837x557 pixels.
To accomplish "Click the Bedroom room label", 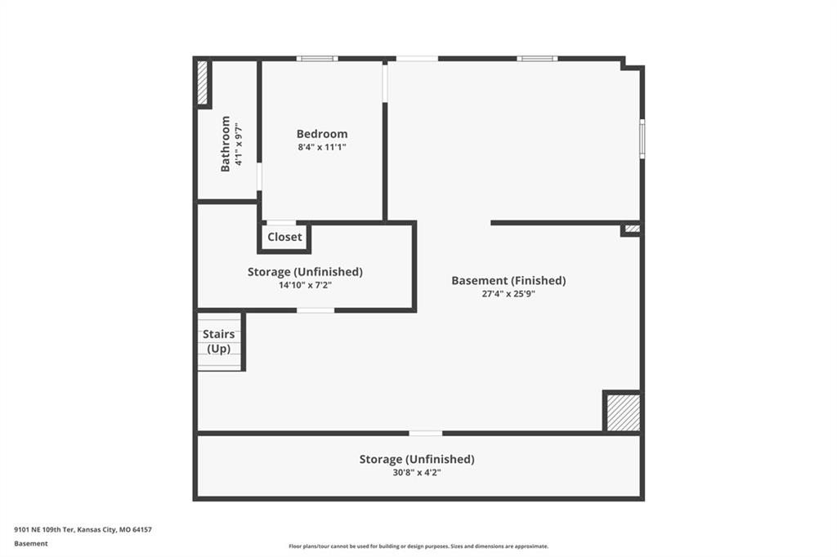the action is [322, 134].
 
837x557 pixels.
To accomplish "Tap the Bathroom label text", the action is [226, 144].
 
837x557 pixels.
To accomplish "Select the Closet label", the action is [284, 237].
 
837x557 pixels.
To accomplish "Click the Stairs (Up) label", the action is [219, 341].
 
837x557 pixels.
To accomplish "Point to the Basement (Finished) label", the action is [508, 281].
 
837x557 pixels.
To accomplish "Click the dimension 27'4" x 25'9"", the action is [508, 294].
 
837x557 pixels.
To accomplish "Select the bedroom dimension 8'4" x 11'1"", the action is [322, 147].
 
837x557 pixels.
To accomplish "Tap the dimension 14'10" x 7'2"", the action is [305, 285].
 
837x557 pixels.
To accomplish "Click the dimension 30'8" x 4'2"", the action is [416, 473].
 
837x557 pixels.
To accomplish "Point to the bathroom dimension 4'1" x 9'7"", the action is [239, 144].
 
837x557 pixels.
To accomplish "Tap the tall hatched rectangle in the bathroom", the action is [203, 82].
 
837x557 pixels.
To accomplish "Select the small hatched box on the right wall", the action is [633, 229].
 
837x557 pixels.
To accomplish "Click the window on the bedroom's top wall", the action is [317, 59].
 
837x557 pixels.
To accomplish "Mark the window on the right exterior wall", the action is [642, 139].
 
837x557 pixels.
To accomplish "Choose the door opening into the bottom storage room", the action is [426, 433].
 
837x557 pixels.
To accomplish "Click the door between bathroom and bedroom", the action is [259, 176].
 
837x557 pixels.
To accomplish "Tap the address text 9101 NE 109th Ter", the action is [44, 530].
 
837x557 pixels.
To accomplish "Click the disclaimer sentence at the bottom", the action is [418, 546].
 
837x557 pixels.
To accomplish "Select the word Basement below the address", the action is [31, 544].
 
